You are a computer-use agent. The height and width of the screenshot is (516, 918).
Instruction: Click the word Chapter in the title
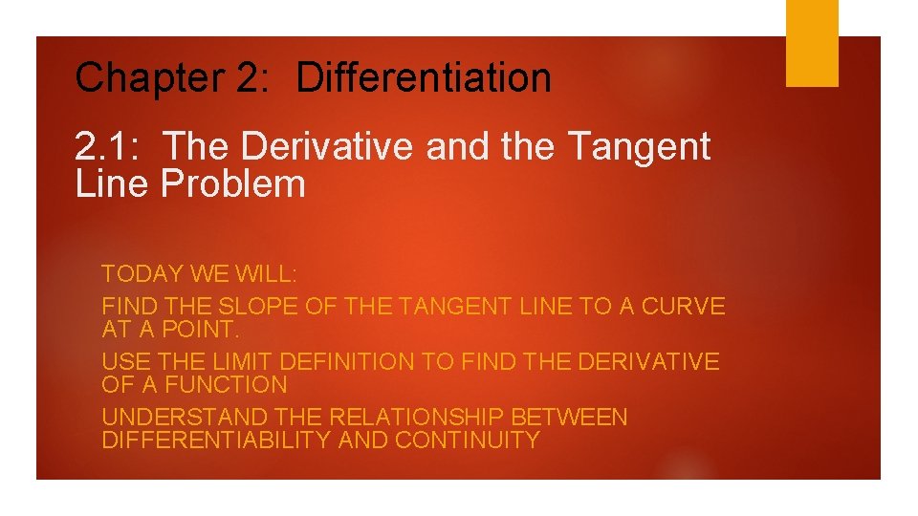[x=147, y=78]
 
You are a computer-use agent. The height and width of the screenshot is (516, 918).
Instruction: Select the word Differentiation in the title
[x=424, y=78]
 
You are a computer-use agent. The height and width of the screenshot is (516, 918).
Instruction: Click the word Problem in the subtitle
[x=232, y=183]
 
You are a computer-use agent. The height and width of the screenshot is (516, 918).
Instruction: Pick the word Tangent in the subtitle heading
[x=639, y=147]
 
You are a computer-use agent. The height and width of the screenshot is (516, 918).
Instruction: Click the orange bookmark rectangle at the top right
[x=812, y=43]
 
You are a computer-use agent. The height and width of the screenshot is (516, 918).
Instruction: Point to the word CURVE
[x=683, y=307]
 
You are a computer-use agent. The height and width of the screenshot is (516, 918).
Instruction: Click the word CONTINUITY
[x=468, y=441]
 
